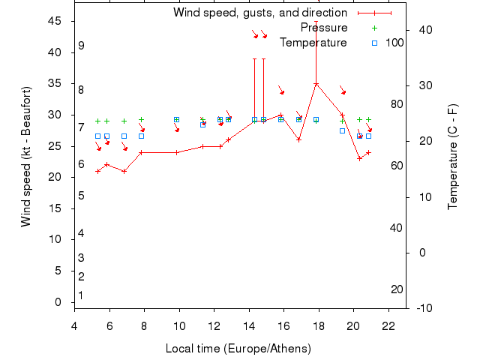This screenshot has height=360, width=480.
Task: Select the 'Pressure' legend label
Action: pos(324,28)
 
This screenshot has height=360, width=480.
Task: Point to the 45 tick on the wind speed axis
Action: pos(55,21)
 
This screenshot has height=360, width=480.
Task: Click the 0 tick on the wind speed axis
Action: pos(58,302)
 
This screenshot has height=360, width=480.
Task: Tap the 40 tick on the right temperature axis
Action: pos(425,30)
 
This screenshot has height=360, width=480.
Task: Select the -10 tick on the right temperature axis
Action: pos(424,307)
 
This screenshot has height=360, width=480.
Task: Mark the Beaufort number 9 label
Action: pos(81,46)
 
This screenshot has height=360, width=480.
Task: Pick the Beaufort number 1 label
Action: pos(81,295)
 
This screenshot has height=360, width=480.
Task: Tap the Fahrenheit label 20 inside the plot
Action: pos(397,289)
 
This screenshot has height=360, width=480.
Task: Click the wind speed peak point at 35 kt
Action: pos(316,84)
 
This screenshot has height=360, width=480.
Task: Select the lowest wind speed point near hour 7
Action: pos(124,171)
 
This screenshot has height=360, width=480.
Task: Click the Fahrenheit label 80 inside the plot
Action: pos(397,104)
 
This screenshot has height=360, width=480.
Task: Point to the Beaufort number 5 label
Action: pos(81,196)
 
